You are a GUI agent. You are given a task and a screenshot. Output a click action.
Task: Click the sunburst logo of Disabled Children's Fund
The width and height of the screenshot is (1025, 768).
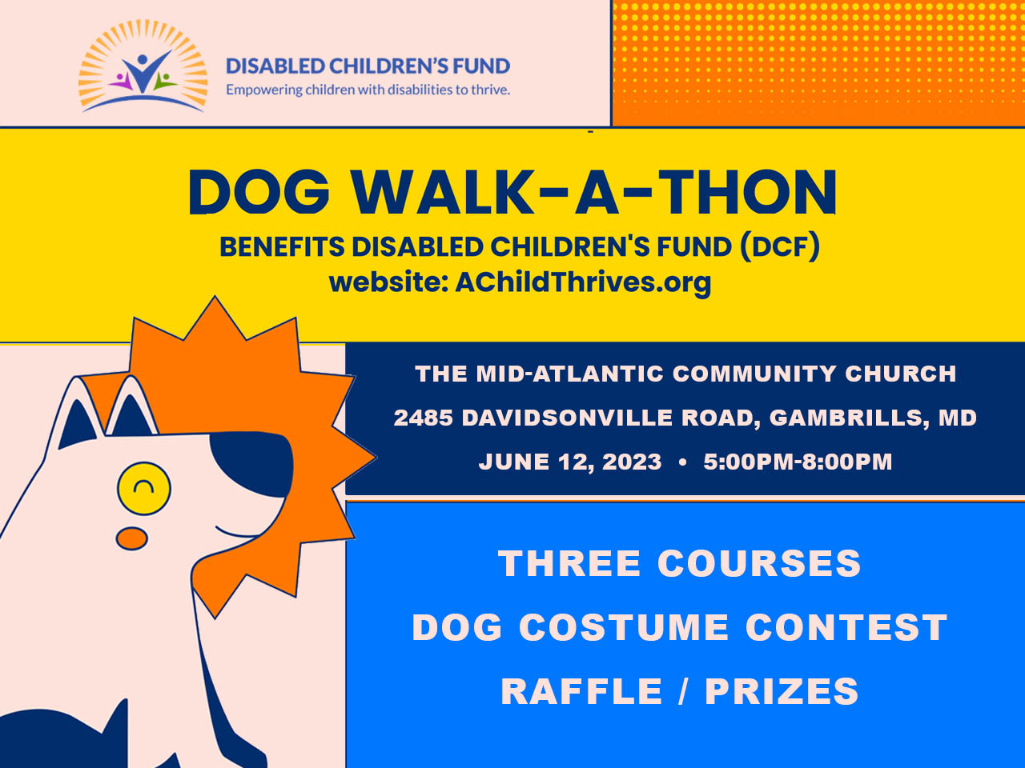click(143, 66)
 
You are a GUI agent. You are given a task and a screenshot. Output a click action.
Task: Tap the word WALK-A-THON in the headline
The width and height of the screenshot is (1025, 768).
click(594, 192)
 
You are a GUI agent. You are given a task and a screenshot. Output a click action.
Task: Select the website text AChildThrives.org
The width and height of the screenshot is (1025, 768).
click(583, 282)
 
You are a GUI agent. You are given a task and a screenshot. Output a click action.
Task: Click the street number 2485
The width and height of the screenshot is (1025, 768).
click(423, 418)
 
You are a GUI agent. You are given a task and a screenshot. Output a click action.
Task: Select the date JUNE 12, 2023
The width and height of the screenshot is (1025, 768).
click(570, 462)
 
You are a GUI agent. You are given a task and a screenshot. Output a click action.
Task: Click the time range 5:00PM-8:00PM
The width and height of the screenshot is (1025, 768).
click(798, 462)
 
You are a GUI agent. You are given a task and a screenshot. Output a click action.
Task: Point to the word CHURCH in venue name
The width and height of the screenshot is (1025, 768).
click(900, 374)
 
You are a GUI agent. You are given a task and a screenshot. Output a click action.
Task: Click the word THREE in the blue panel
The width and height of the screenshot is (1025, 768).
click(569, 563)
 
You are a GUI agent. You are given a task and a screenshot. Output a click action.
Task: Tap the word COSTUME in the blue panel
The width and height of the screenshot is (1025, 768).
click(624, 627)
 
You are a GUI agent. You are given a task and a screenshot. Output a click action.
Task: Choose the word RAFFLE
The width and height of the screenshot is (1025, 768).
click(581, 690)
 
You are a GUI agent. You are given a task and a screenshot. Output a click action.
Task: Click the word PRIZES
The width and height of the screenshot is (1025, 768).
click(782, 690)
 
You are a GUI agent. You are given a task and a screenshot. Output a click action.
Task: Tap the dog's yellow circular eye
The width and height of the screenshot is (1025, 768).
click(144, 488)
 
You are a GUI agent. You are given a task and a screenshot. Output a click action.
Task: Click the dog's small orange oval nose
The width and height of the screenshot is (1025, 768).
click(131, 538)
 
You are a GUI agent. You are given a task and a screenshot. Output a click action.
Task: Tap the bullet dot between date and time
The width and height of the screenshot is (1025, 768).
click(683, 462)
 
